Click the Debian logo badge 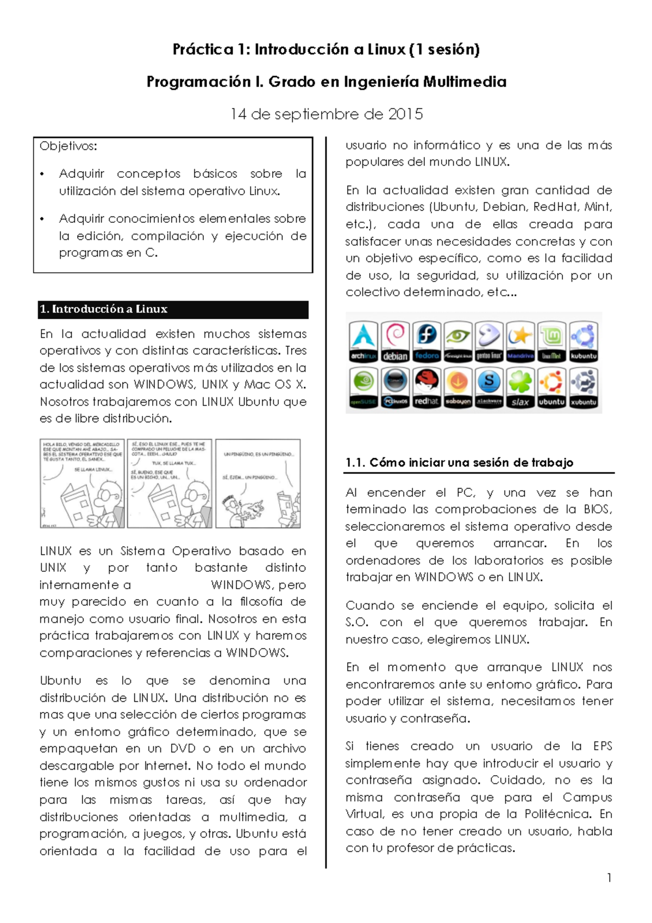point(395,341)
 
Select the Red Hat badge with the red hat point(427,388)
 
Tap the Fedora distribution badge point(427,341)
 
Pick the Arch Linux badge point(363,341)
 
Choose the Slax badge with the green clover point(520,388)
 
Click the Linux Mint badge point(551,341)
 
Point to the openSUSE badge point(363,388)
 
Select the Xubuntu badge point(583,388)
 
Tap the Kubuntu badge point(583,341)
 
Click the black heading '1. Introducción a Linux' point(103,309)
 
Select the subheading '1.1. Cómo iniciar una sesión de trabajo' point(459,463)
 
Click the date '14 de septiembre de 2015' point(326,114)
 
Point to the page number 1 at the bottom point(609,877)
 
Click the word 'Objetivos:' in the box point(68,146)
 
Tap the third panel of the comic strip point(258,483)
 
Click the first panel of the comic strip point(82,483)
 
